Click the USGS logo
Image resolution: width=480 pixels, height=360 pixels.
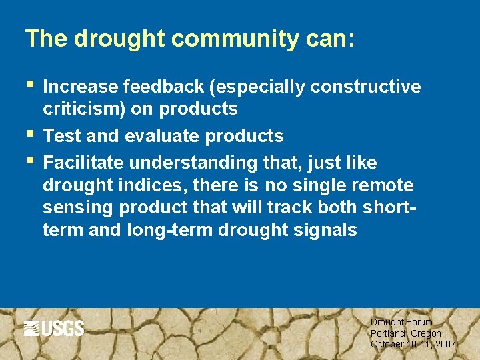pos(54,328)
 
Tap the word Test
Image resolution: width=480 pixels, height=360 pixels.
pos(61,136)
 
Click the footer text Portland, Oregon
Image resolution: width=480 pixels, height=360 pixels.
pos(405,333)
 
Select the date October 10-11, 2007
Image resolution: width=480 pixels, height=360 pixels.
pos(413,344)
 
